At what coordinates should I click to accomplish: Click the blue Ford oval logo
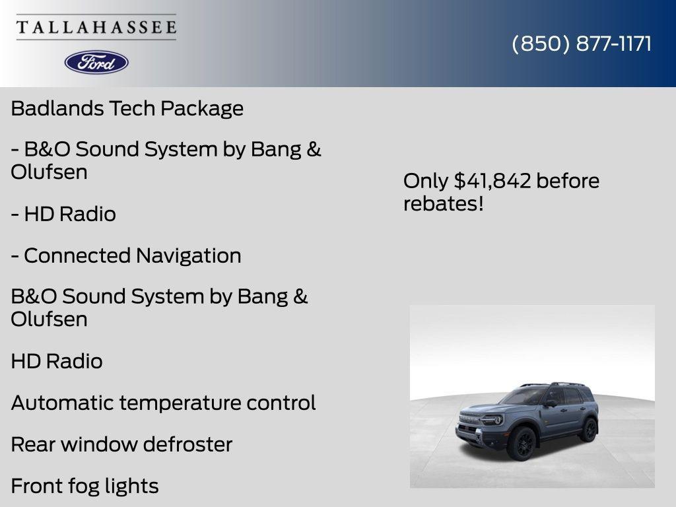pos(96,62)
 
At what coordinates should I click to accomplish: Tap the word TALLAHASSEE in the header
pos(96,28)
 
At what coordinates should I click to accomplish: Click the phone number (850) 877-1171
pos(582,44)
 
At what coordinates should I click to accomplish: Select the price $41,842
pos(492,181)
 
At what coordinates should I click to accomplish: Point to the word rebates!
pos(444,203)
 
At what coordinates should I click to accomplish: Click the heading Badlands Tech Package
pos(127,108)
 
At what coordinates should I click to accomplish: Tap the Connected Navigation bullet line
pos(126,255)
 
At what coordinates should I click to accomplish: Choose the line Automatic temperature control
pos(163,403)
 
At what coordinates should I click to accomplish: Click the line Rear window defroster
pos(121,444)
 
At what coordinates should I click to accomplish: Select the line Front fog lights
pos(84,486)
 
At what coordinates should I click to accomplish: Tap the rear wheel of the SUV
pos(588,430)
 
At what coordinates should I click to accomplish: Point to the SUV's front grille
pos(470,421)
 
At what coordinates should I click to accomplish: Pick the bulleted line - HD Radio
pos(63,214)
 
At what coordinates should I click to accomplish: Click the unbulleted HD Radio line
pos(57,361)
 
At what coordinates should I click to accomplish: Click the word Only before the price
pos(425,181)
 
